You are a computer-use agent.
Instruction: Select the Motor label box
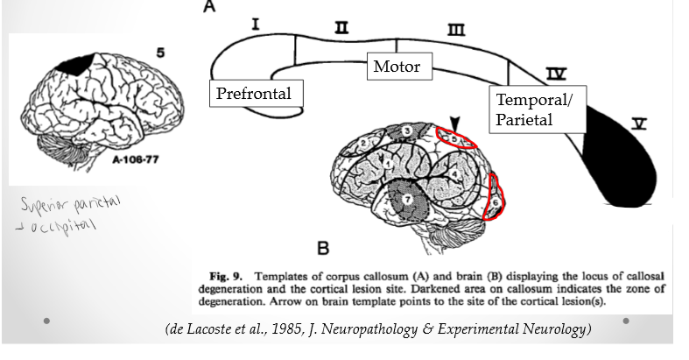coord(397,66)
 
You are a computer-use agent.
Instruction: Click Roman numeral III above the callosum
coord(456,31)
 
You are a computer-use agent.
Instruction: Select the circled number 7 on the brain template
coord(407,200)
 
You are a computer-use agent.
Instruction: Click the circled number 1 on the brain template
coord(386,163)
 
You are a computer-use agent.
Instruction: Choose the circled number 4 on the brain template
coord(456,173)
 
